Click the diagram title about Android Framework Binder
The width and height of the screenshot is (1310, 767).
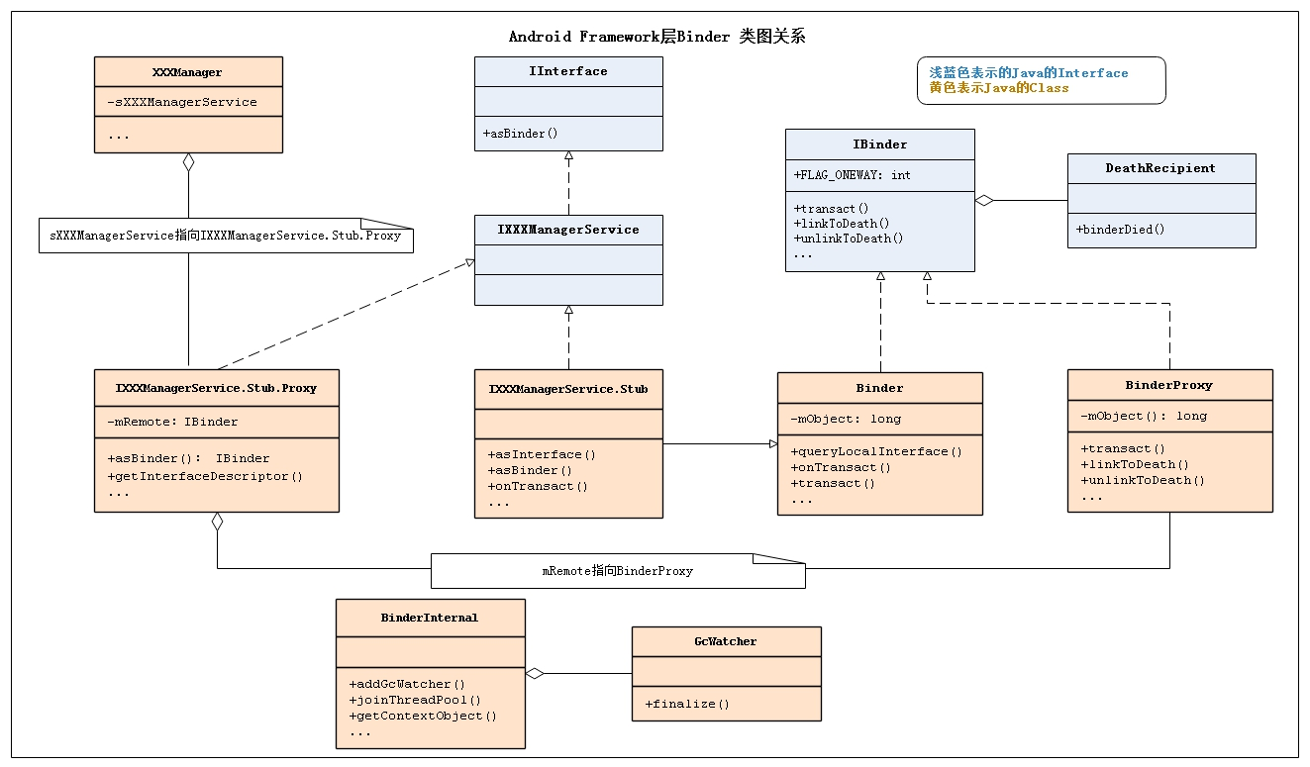tap(656, 37)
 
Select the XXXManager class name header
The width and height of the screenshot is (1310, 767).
tap(188, 72)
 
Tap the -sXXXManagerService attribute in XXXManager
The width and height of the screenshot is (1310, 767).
tap(182, 102)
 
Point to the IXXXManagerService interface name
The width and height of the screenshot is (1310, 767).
tap(568, 230)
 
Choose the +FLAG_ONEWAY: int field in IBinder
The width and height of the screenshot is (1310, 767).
tap(853, 175)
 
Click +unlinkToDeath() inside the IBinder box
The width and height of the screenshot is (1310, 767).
tap(849, 239)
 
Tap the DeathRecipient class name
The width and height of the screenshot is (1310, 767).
tap(1160, 168)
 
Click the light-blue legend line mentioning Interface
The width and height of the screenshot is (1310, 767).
tap(1028, 73)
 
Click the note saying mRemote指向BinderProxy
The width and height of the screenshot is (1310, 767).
tap(617, 571)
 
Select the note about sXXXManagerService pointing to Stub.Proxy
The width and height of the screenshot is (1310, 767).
tap(226, 238)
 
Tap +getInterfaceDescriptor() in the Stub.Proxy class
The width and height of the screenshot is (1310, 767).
tap(205, 476)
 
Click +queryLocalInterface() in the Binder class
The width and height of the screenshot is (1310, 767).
tap(876, 451)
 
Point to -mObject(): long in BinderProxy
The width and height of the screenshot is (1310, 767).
tap(1144, 416)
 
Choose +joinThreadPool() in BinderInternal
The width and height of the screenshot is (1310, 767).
tap(414, 700)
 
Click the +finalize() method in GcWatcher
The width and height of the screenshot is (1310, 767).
tap(686, 705)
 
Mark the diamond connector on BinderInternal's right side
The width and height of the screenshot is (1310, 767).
tap(535, 674)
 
